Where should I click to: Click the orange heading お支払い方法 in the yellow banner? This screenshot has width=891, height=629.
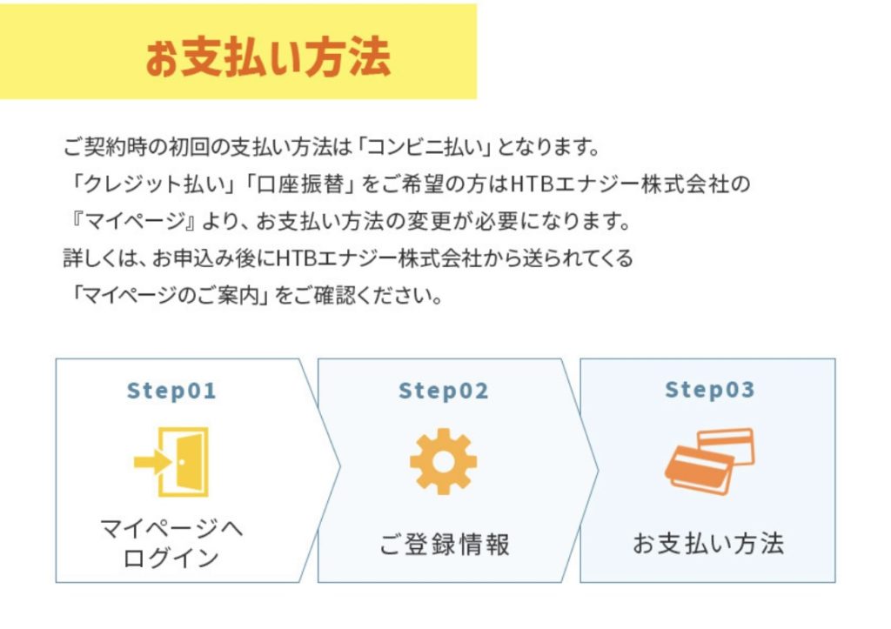(x=267, y=58)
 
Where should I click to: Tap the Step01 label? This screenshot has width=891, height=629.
(x=171, y=391)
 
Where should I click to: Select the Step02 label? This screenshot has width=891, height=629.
(x=444, y=391)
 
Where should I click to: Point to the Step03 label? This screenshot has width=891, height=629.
(x=710, y=390)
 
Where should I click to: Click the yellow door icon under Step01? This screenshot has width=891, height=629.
(x=173, y=461)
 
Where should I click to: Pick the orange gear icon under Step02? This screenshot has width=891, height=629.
(x=444, y=461)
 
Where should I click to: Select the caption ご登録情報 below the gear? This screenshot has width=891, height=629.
(x=445, y=545)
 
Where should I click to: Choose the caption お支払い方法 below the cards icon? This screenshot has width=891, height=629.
(x=708, y=545)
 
